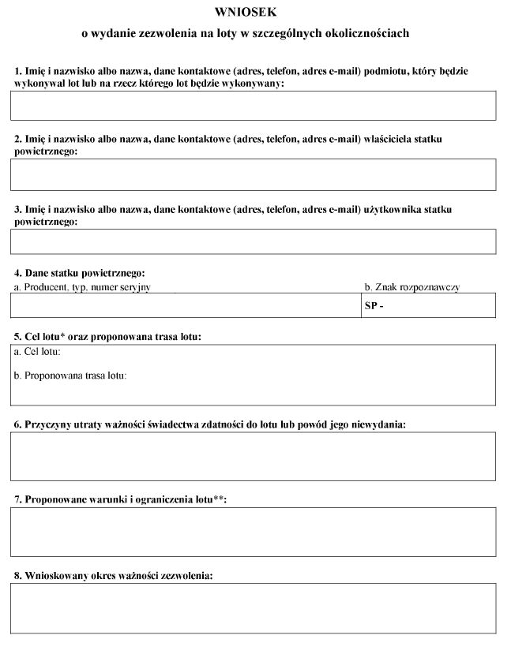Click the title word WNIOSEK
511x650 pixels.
point(246,13)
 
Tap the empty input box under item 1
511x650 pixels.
point(253,106)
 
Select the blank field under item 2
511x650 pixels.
point(253,174)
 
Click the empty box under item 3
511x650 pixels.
point(253,241)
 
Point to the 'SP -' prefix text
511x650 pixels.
point(374,306)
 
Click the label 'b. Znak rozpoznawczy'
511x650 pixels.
point(411,287)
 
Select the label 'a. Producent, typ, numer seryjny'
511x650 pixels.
point(82,287)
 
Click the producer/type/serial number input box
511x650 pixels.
point(186,305)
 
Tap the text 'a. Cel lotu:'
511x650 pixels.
point(37,352)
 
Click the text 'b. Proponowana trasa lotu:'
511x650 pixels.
point(70,375)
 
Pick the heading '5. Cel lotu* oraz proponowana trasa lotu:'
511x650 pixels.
point(108,337)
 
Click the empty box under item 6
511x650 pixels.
point(253,456)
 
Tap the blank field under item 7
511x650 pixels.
point(253,532)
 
